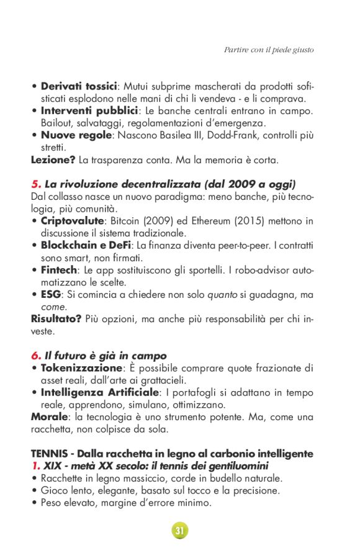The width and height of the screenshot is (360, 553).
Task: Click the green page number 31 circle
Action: [180, 530]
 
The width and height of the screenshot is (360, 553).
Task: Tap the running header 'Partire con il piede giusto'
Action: [269, 50]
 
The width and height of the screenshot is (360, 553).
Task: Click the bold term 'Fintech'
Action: [59, 270]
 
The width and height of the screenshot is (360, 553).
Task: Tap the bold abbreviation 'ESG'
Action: [51, 294]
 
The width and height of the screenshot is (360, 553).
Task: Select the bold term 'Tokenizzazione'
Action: [78, 368]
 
